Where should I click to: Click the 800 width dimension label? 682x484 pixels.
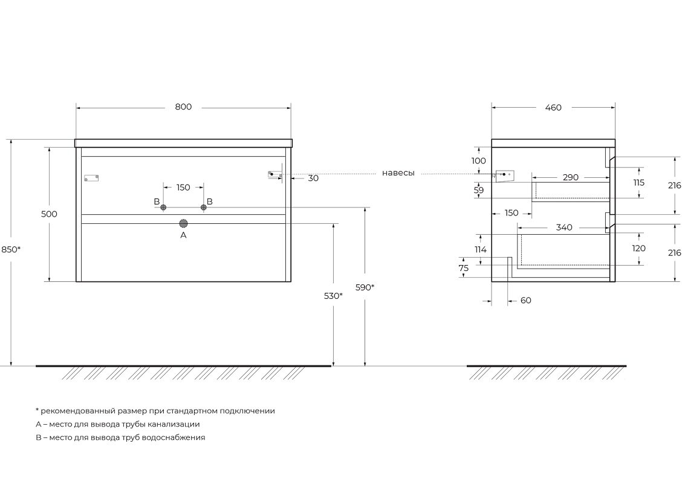[183, 107]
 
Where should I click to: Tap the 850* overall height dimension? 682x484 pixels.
[11, 249]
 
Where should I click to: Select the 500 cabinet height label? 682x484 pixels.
[49, 214]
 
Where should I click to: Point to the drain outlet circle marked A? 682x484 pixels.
[183, 223]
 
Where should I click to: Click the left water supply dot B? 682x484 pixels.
[163, 208]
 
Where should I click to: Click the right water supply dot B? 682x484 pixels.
[203, 208]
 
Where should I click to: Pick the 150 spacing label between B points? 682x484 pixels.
[183, 188]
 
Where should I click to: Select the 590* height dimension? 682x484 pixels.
[365, 287]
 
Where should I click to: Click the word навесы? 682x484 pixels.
[398, 173]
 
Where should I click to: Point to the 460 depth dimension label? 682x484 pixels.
[553, 108]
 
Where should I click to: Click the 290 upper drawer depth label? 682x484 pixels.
[570, 177]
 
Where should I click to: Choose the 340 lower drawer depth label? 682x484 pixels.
[563, 228]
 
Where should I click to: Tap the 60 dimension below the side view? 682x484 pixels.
[525, 301]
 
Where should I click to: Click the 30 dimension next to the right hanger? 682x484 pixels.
[313, 178]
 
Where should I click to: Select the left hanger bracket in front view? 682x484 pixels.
[91, 178]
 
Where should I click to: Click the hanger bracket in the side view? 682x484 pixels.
[504, 175]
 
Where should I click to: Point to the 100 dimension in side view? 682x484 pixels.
[478, 161]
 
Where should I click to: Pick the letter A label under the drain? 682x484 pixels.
[183, 235]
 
